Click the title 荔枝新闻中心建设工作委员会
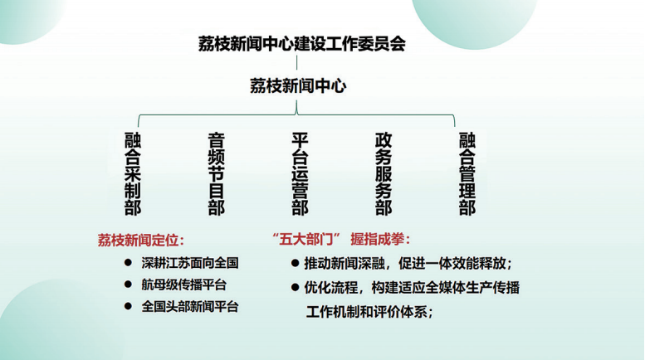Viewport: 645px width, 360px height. point(302,44)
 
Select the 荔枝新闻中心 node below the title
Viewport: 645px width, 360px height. point(298,86)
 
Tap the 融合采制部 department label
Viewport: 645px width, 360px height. point(133,174)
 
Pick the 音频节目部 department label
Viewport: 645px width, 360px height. point(217,174)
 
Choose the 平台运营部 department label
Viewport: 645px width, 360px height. point(300,174)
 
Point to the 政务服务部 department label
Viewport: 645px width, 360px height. point(384,174)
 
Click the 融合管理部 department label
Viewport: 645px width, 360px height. point(467,174)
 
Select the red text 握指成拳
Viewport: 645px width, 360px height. point(378,239)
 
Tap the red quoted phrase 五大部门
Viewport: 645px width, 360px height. point(306,239)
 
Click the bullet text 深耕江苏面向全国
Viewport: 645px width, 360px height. point(190,263)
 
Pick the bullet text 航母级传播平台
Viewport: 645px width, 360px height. point(184,285)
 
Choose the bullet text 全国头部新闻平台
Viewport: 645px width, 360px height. point(190,307)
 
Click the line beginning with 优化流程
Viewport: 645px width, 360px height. point(412,287)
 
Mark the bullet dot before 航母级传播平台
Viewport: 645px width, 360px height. point(128,284)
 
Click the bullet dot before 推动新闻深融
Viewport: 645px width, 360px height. point(295,263)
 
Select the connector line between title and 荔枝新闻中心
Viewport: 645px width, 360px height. point(296,62)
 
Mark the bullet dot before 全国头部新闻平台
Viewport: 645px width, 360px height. point(128,306)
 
